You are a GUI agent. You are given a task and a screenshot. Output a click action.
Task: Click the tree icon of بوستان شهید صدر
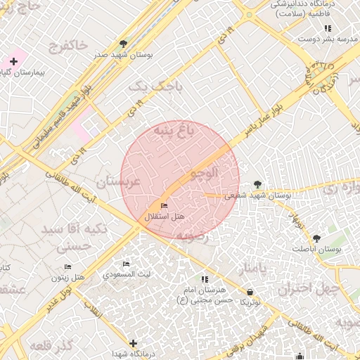124,44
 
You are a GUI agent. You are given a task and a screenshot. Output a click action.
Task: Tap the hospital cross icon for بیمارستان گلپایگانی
13,62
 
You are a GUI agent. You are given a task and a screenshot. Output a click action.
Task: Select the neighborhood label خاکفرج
68,47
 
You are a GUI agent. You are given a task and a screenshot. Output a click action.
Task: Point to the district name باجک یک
156,86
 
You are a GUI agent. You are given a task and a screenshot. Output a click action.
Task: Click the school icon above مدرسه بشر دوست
328,28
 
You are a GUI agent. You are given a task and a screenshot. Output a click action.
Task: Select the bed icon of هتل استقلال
165,206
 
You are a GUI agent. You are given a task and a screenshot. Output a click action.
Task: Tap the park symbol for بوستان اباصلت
316,238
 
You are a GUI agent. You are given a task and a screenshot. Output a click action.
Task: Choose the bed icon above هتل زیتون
67,266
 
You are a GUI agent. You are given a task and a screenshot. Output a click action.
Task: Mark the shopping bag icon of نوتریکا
251,292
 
